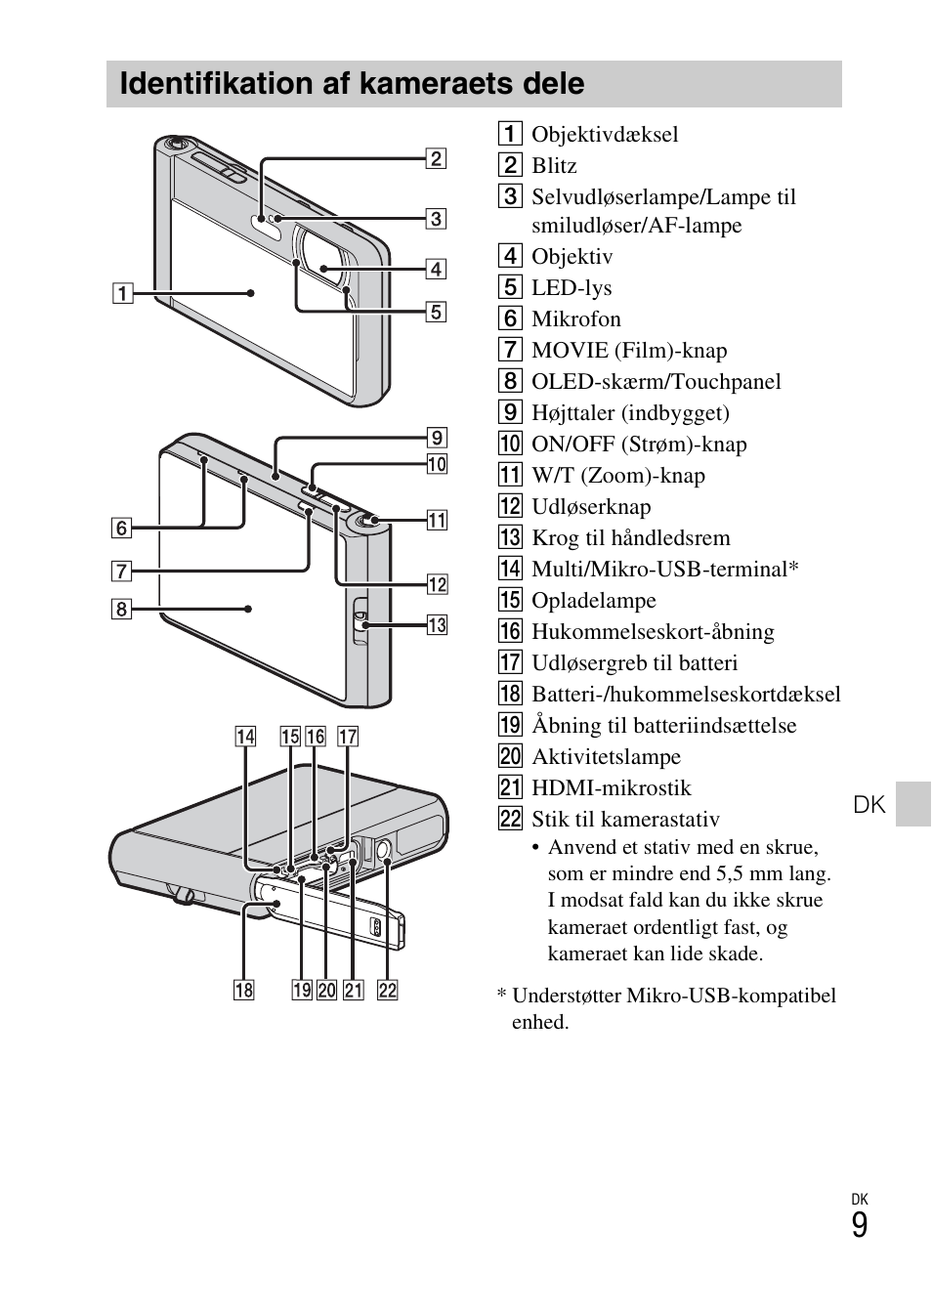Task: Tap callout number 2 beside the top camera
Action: click(436, 158)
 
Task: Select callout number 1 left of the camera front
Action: click(121, 292)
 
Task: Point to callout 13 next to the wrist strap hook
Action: click(437, 624)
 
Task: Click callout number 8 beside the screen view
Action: click(121, 610)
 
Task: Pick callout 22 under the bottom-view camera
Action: click(388, 990)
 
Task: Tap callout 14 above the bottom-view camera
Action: click(245, 736)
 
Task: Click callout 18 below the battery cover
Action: click(243, 990)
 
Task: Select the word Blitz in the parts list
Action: click(554, 166)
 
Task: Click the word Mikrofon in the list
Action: click(575, 319)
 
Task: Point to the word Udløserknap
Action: click(590, 507)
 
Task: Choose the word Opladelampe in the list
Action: click(593, 601)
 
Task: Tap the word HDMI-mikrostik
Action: click(611, 788)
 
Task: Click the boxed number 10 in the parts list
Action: click(510, 445)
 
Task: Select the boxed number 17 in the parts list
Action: click(510, 663)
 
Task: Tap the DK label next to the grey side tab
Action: click(868, 804)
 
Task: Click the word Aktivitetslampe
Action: click(606, 757)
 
